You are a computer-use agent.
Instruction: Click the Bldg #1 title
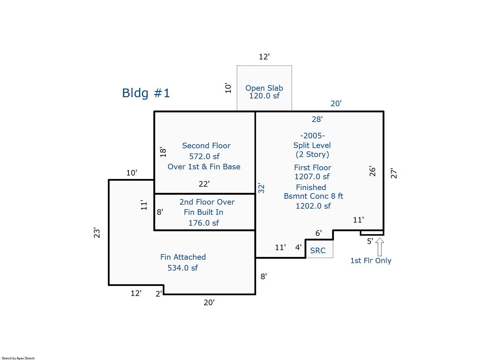tap(146, 93)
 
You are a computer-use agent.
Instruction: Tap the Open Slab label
tap(264, 88)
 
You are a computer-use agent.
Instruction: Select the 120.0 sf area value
tap(264, 96)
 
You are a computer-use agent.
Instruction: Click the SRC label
tap(318, 250)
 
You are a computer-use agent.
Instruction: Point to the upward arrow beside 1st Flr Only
tap(379, 246)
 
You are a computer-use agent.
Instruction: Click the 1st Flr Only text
tap(370, 261)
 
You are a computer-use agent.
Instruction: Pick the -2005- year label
tap(312, 136)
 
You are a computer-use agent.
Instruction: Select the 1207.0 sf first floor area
tap(312, 177)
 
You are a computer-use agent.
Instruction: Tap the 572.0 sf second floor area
tap(204, 156)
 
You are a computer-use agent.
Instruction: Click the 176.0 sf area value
tap(204, 223)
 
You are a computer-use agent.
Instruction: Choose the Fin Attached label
tap(183, 257)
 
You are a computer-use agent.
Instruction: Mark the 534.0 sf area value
tap(182, 268)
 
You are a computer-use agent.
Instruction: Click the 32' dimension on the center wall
tap(261, 188)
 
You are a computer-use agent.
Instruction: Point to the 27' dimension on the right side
tap(393, 173)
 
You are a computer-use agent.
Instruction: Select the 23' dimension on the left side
tap(97, 232)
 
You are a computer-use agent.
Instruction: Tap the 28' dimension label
tap(317, 119)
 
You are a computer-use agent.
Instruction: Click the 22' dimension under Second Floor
tap(204, 184)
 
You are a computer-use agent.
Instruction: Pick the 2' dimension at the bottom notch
tap(159, 293)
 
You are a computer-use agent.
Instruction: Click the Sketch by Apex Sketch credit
tap(18, 358)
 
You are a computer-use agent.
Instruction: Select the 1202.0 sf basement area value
tap(313, 206)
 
